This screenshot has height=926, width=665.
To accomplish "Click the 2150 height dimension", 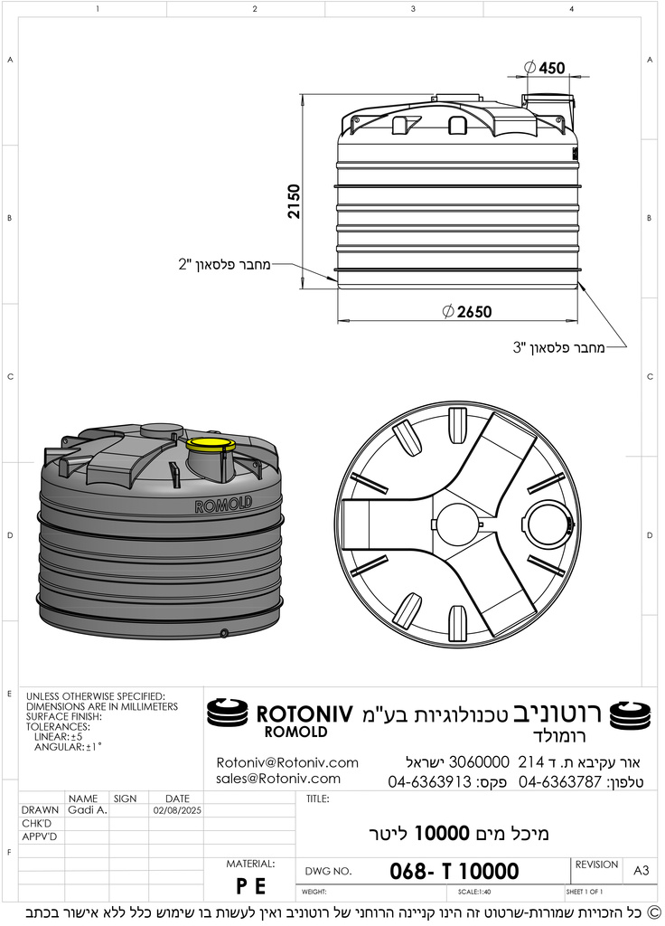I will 294,202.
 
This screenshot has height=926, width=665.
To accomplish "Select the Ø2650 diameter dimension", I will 467,312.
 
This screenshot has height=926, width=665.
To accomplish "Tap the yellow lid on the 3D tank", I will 211,443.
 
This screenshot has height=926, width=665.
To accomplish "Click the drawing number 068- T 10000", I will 454,871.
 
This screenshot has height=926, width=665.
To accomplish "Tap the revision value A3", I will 641,871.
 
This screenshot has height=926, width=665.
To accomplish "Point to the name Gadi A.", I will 88,810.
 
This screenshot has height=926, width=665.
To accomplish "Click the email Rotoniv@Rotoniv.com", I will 286,762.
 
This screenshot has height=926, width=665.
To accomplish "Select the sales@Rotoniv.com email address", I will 277,779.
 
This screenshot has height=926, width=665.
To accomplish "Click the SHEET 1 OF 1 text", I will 585,892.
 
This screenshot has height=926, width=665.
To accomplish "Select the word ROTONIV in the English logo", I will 304,713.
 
